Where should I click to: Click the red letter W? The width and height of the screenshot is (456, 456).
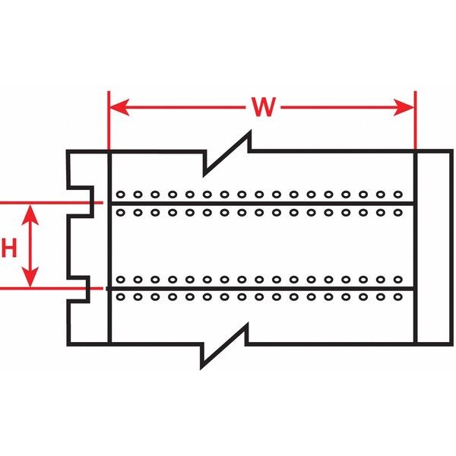262,108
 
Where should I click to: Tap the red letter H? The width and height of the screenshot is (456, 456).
8,247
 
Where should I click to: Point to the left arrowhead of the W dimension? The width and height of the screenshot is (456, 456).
117,108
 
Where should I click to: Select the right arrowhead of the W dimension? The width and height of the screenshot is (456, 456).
407,108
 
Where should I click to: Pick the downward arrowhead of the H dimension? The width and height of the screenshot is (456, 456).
30,280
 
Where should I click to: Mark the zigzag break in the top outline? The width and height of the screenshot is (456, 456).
228,151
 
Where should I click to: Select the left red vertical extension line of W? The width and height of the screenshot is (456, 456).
109,122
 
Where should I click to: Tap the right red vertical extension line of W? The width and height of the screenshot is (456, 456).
416,122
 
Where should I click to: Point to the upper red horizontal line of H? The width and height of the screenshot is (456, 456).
46,203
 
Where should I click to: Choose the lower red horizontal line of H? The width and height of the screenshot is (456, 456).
46,289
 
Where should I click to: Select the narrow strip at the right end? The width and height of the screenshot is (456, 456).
432,247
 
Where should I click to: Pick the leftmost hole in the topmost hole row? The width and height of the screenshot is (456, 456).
120,194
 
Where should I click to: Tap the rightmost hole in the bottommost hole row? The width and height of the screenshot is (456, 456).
397,297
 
